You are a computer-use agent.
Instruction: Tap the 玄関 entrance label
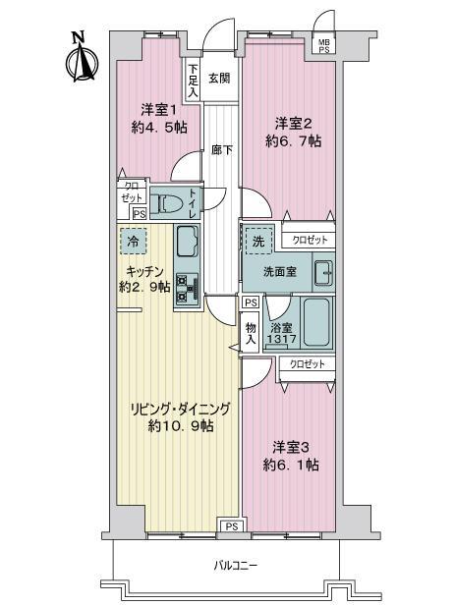pos(219,79)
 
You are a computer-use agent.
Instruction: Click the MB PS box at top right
pos(323,45)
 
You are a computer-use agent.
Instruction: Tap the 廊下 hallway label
pos(221,150)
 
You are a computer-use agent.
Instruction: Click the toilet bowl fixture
pos(172,205)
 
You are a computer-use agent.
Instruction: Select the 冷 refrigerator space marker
pos(132,240)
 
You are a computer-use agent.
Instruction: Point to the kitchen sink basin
pos(188,241)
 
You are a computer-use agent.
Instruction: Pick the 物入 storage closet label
pos(251,334)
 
